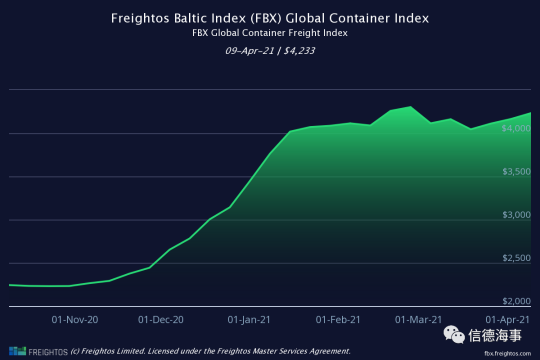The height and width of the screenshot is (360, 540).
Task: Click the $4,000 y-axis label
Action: (516, 128)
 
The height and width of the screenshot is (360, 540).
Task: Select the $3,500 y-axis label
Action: (516, 171)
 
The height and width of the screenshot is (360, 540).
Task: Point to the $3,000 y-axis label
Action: (516, 215)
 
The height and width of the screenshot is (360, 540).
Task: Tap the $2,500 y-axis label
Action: (516, 258)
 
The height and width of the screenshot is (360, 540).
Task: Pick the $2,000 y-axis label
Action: (516, 301)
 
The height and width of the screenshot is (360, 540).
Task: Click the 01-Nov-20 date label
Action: (75, 319)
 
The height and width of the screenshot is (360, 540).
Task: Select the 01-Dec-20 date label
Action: (161, 319)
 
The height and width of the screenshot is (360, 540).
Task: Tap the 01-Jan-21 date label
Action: (249, 319)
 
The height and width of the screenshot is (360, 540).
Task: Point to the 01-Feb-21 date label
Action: (338, 319)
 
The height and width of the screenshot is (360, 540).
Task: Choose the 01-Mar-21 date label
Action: (418, 319)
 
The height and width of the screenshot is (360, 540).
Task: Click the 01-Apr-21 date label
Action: (507, 319)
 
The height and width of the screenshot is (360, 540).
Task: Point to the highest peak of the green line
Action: (410, 106)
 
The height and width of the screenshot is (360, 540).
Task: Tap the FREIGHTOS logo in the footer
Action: (38, 351)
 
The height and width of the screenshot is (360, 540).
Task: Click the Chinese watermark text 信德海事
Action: (495, 335)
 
